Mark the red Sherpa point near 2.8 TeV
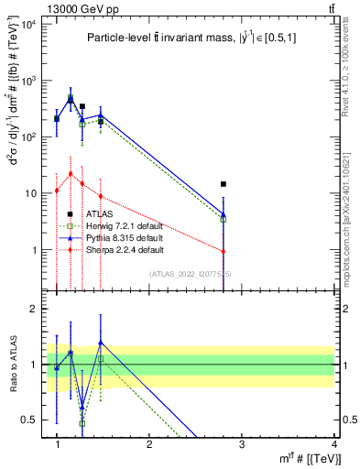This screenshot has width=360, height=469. (224, 251)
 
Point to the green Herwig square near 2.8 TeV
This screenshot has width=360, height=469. (224, 220)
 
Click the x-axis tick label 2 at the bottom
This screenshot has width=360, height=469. (149, 443)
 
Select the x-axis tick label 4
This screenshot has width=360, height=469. (334, 443)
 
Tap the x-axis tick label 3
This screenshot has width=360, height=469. (242, 443)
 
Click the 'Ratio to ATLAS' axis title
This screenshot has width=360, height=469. (13, 365)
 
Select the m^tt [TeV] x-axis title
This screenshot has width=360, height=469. (302, 458)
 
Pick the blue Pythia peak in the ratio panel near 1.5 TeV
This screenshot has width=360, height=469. (101, 343)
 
